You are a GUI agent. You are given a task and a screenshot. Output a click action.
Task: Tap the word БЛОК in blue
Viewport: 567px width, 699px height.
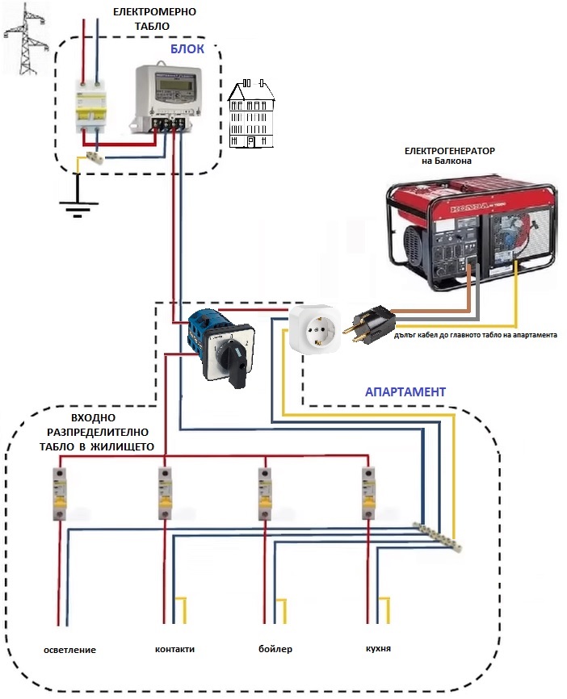(187, 48)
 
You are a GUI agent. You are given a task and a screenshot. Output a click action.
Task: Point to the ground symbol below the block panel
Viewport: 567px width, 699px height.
(78, 208)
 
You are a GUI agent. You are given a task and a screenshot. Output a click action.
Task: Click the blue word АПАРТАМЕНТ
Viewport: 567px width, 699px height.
(405, 391)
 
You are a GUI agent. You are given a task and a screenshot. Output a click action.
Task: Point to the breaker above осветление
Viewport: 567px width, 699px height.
(60, 492)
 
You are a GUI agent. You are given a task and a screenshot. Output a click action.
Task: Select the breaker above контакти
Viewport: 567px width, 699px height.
(165, 492)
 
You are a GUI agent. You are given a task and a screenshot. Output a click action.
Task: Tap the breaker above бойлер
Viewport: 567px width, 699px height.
(264, 492)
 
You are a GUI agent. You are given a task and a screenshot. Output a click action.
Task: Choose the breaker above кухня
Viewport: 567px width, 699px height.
(367, 492)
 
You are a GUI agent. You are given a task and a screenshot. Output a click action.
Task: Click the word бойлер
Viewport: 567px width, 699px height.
(275, 650)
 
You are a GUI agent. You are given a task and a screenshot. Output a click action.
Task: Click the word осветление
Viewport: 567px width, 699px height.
(71, 651)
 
